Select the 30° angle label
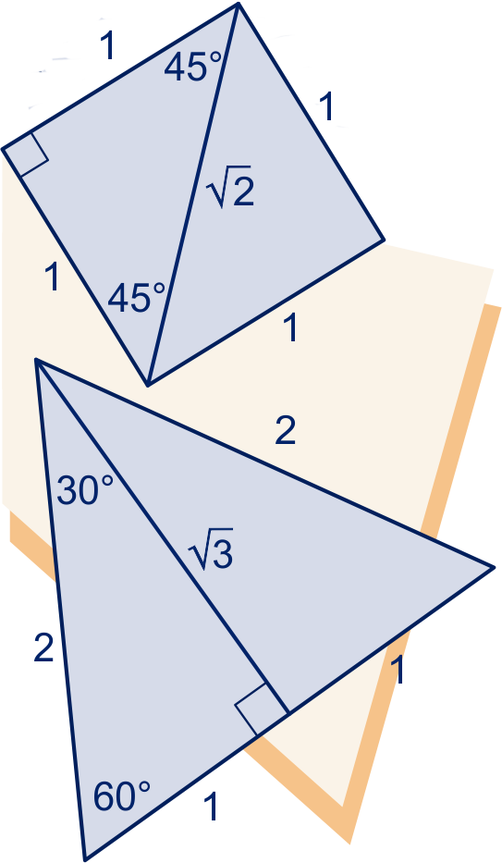point(85,490)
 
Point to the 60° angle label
point(121,795)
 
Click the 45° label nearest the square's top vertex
point(192,68)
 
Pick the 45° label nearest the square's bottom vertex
point(136,298)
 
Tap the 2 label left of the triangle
point(44,647)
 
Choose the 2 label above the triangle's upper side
point(286,430)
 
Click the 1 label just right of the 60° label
point(211,807)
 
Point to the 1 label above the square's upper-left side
point(107,45)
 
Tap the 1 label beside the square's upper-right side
point(326,106)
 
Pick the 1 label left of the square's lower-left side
point(53,276)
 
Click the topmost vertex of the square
point(238,4)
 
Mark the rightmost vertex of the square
point(384,240)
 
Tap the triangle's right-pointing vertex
point(493,567)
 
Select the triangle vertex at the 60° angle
point(85,859)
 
